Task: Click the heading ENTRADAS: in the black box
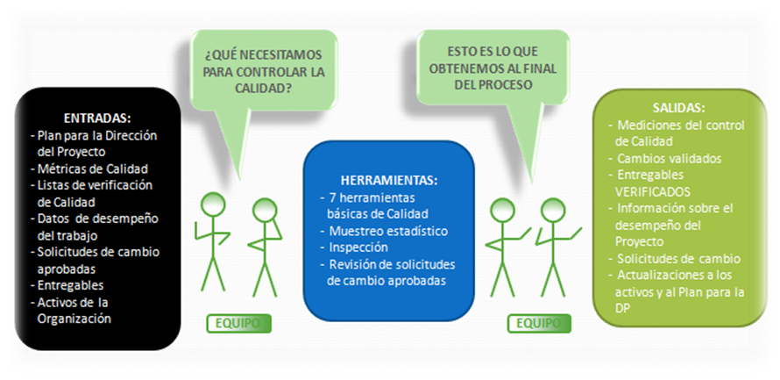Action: point(97,118)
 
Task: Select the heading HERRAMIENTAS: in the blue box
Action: point(388,180)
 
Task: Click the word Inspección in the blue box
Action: point(358,247)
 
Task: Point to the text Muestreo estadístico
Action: point(388,231)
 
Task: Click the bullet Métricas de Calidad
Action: point(93,168)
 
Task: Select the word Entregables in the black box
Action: point(71,285)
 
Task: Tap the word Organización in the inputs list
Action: point(74,319)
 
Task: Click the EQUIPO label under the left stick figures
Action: point(238,323)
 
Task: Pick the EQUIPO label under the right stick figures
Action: point(539,323)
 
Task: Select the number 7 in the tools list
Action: point(333,197)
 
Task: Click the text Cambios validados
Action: point(669,158)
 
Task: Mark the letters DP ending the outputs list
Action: point(622,309)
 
